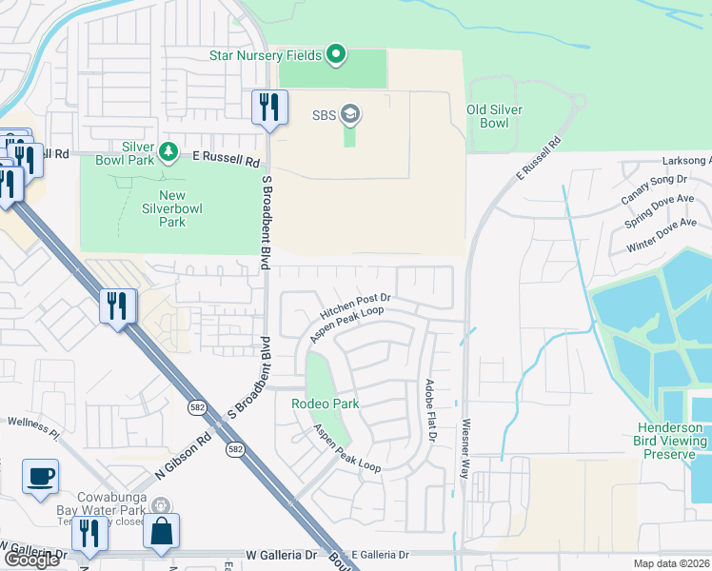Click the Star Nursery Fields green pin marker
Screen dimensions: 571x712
(x=335, y=55)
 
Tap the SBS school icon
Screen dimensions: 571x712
(x=349, y=115)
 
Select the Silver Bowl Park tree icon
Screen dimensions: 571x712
(x=168, y=151)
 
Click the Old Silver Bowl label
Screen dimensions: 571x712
(x=494, y=116)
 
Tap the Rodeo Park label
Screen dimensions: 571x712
(x=325, y=404)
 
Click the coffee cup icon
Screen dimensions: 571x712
(x=40, y=476)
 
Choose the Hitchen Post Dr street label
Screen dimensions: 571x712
(x=356, y=305)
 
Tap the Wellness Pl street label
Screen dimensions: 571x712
(x=33, y=427)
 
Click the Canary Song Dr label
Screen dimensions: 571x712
(x=654, y=188)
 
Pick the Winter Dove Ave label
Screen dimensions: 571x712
(x=663, y=235)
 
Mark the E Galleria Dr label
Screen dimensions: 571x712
(x=380, y=554)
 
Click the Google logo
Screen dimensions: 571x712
(x=30, y=560)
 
